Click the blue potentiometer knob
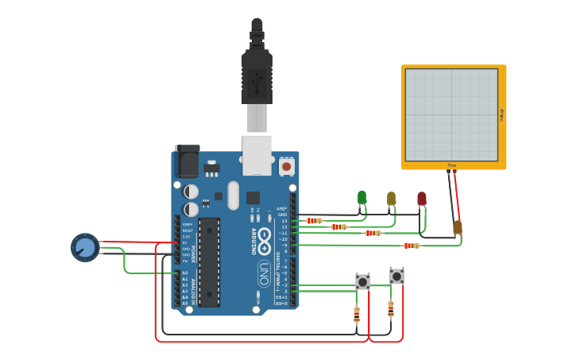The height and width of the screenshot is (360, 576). click(x=85, y=247)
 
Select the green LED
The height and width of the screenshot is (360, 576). click(x=361, y=197)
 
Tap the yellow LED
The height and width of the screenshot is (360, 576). click(x=391, y=198)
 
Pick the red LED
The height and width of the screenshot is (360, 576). click(x=421, y=199)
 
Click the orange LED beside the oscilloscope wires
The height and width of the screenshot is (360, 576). click(x=458, y=227)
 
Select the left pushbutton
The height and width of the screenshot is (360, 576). click(x=362, y=281)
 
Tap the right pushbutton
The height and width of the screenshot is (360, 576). click(x=396, y=276)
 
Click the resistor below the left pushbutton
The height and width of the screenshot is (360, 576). click(x=356, y=315)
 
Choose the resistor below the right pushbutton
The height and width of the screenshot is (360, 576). click(x=390, y=308)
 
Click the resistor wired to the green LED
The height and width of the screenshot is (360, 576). click(x=314, y=221)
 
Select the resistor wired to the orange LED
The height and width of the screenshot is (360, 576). click(x=411, y=246)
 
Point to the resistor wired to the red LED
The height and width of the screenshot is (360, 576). click(x=372, y=233)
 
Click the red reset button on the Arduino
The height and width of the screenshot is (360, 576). click(x=286, y=167)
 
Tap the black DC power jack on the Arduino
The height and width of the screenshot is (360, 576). click(x=187, y=161)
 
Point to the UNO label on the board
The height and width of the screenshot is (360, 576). click(x=264, y=274)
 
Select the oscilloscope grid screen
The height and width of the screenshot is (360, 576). click(x=451, y=114)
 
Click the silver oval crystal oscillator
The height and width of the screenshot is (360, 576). click(x=233, y=195)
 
